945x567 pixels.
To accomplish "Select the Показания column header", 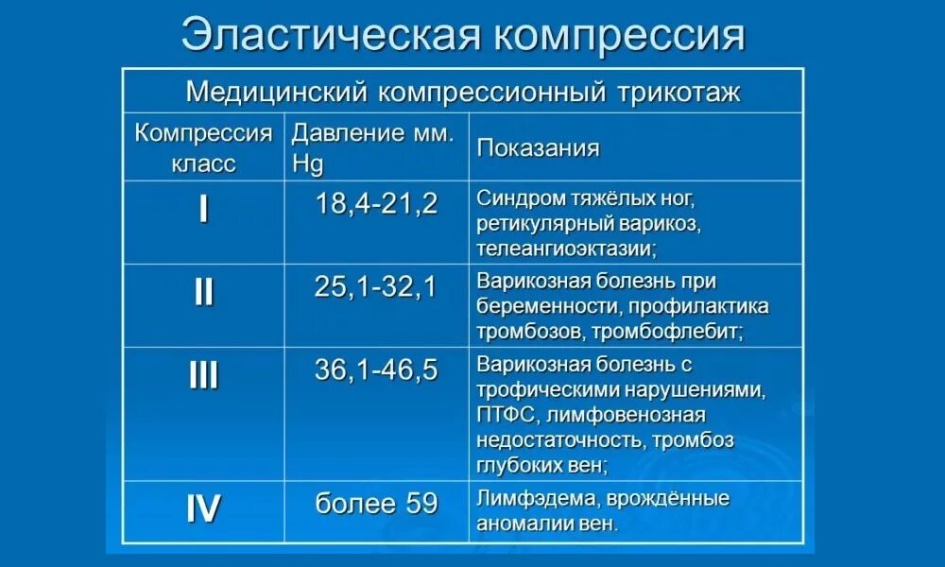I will click(x=538, y=148).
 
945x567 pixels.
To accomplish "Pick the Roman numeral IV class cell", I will click(x=204, y=509).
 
